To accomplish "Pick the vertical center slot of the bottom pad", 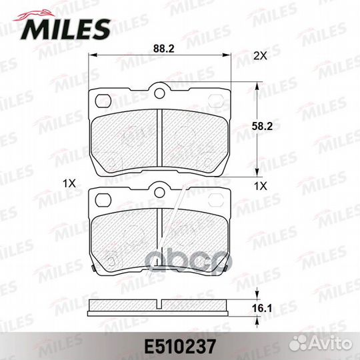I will pos(160,237).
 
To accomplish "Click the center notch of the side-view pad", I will pos(160,305).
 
